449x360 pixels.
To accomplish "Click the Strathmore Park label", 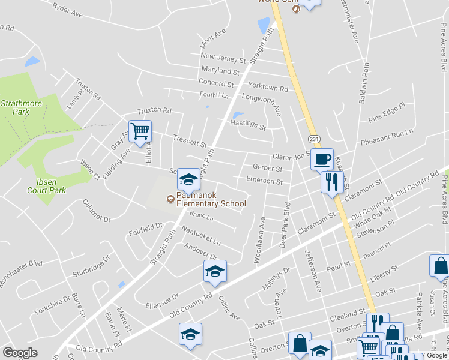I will tap(15, 107).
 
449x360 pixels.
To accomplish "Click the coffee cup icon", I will tap(321, 160).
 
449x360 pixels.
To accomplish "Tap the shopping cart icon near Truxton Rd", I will tap(140, 130).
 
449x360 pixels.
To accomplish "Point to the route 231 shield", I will tap(314, 139).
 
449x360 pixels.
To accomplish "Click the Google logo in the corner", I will tap(20, 353).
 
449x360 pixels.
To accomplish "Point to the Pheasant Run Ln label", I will tap(387, 138).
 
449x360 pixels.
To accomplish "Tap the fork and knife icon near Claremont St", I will tap(331, 181).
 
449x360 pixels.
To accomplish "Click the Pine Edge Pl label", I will tap(387, 112).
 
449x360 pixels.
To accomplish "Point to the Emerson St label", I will tap(264, 181).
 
